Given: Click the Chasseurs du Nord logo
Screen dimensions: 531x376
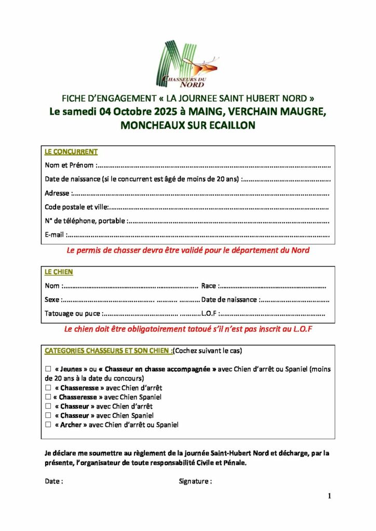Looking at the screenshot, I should (x=187, y=64).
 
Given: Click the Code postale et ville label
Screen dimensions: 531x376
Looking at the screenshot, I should (x=76, y=207).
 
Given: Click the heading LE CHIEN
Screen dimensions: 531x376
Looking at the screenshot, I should (x=59, y=272).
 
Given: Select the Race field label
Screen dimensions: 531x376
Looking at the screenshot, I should (x=209, y=285).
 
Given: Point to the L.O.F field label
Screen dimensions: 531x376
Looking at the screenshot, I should (x=209, y=313).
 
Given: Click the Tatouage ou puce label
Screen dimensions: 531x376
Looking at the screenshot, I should (x=73, y=313).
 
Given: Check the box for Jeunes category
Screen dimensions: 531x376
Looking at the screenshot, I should (x=48, y=369).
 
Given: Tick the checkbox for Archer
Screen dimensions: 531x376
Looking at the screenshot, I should (x=48, y=425).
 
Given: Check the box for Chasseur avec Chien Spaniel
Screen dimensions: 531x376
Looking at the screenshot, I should (x=48, y=415).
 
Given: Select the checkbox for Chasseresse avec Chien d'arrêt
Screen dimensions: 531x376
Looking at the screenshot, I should (x=48, y=387).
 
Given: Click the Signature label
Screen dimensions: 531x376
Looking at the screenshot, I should (x=195, y=481).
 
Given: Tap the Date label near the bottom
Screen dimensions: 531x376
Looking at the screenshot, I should (x=54, y=481).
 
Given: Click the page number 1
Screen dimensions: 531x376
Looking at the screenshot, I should (x=329, y=496).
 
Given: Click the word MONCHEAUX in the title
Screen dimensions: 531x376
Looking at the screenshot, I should (x=154, y=125).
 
